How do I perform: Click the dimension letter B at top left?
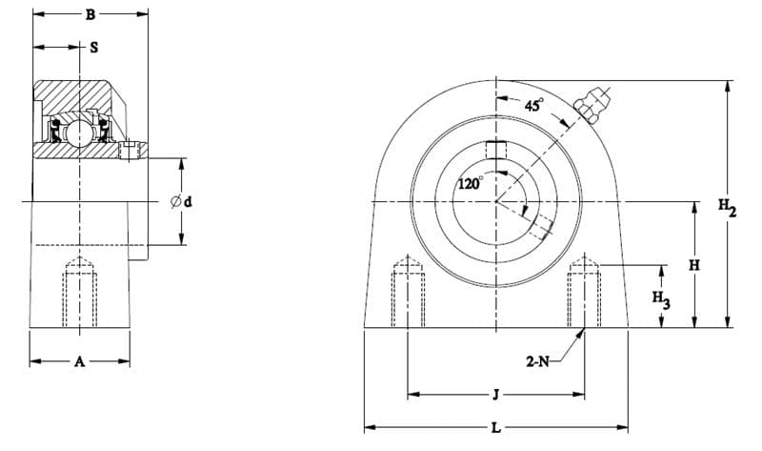(x=90, y=15)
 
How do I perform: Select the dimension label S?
(x=94, y=47)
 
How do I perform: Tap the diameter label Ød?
(x=182, y=201)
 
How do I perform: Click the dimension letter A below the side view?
(x=80, y=361)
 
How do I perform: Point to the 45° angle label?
(x=534, y=105)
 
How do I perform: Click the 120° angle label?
(x=471, y=183)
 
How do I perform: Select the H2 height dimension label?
(x=728, y=207)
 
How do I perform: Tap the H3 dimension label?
(x=661, y=298)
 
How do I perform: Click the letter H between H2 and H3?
(x=694, y=266)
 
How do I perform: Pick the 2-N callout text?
(x=537, y=361)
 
